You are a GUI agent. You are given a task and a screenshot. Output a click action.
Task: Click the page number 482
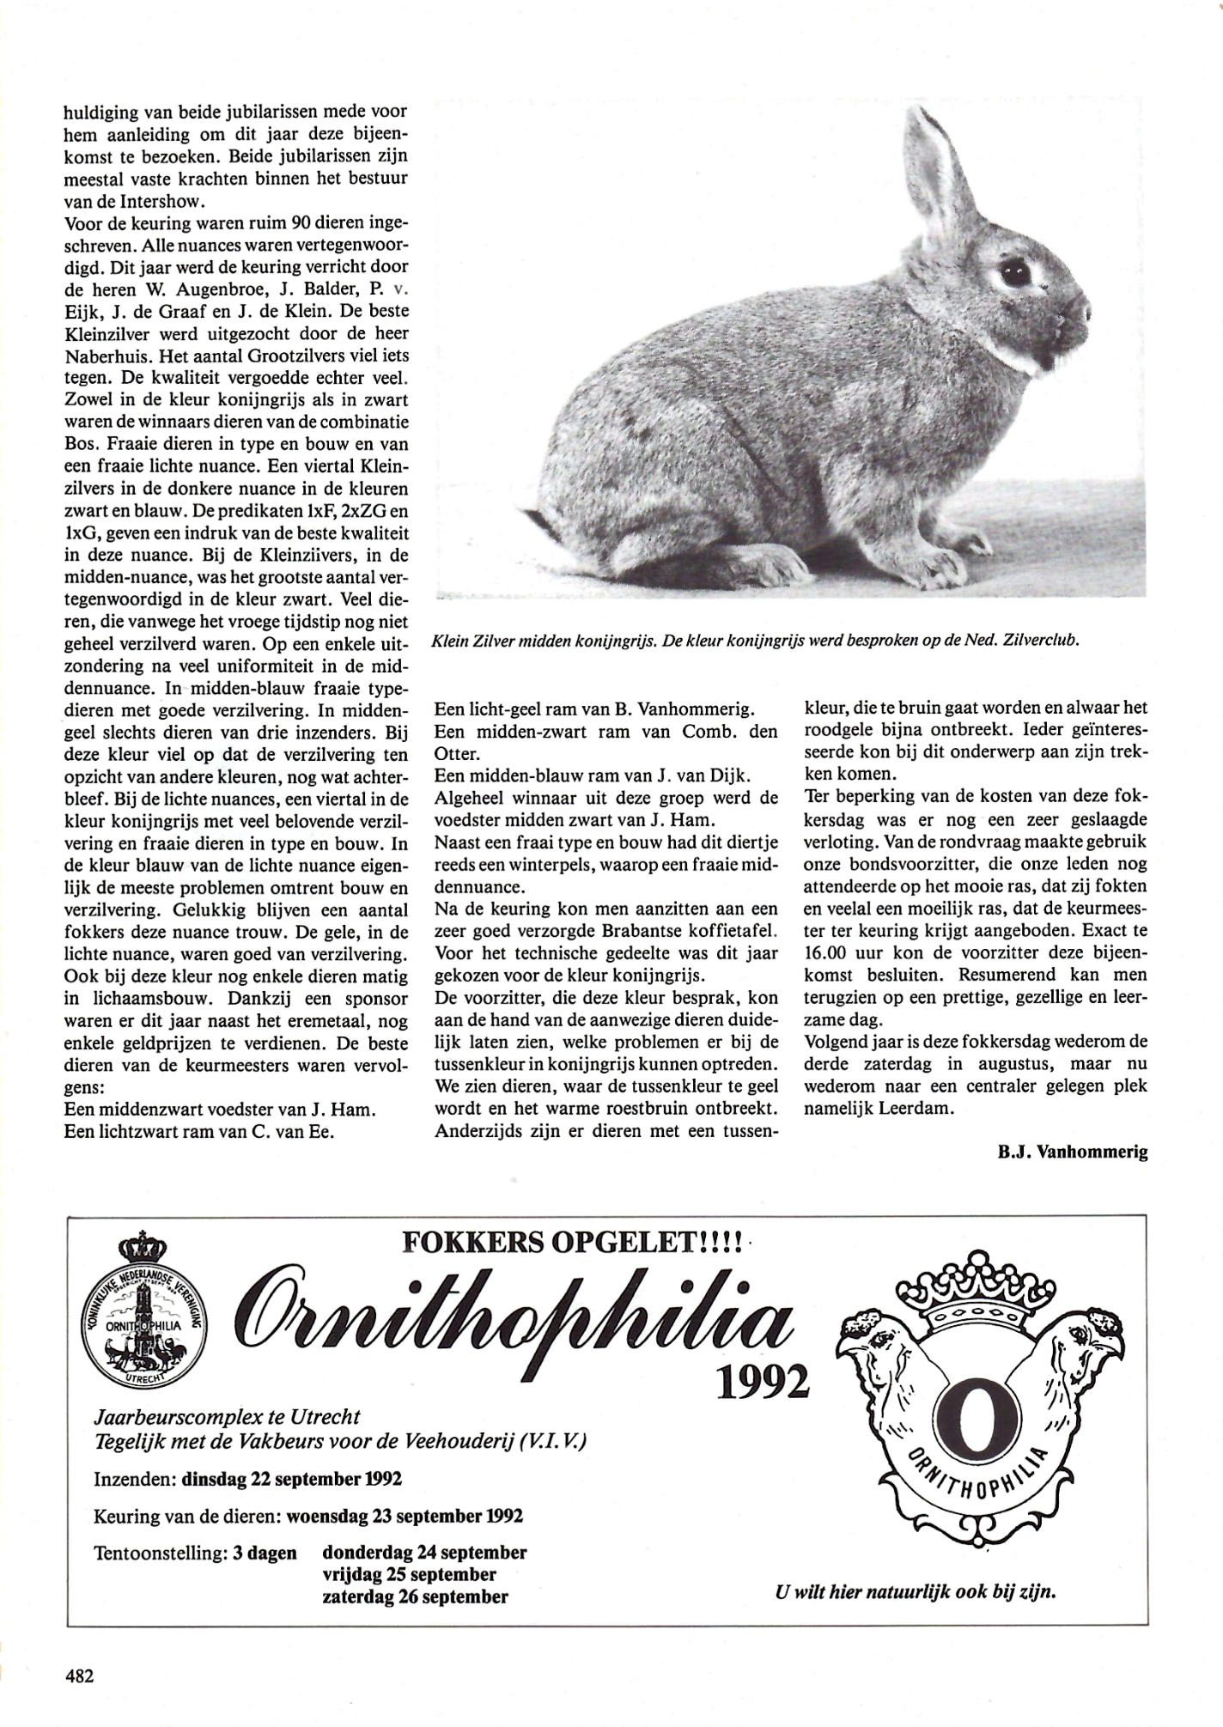[x=78, y=1675]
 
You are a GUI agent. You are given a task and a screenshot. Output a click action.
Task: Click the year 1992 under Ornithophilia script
[x=763, y=1382]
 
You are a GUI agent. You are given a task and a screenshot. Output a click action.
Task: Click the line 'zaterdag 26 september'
[x=415, y=1596]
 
